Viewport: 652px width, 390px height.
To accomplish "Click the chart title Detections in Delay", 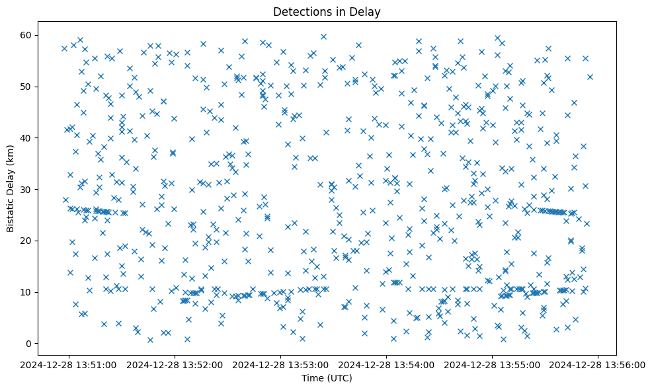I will click(x=327, y=12).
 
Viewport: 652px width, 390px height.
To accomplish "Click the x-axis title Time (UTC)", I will click(x=327, y=378).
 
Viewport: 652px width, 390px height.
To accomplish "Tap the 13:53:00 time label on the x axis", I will click(x=281, y=364).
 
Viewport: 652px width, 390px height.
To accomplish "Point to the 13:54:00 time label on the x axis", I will click(x=387, y=364).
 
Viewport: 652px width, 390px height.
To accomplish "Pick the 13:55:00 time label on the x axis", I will click(x=493, y=364).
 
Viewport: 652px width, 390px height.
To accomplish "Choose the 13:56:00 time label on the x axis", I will click(x=598, y=364).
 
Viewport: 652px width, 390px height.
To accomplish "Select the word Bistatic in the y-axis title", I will click(x=11, y=211).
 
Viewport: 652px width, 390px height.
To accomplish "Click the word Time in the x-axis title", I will click(x=312, y=378).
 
